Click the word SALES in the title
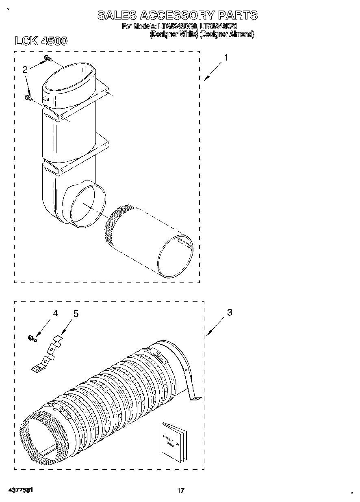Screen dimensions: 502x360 point(116,16)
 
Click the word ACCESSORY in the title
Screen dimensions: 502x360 point(176,16)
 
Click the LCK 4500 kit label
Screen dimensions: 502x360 point(41,41)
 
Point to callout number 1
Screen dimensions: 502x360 point(226,58)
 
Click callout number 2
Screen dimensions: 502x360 point(25,70)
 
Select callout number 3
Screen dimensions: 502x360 point(230,313)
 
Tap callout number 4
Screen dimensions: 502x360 point(55,313)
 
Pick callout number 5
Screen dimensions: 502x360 point(76,314)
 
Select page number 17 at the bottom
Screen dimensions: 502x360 point(180,491)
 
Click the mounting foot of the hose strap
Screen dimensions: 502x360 point(195,399)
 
